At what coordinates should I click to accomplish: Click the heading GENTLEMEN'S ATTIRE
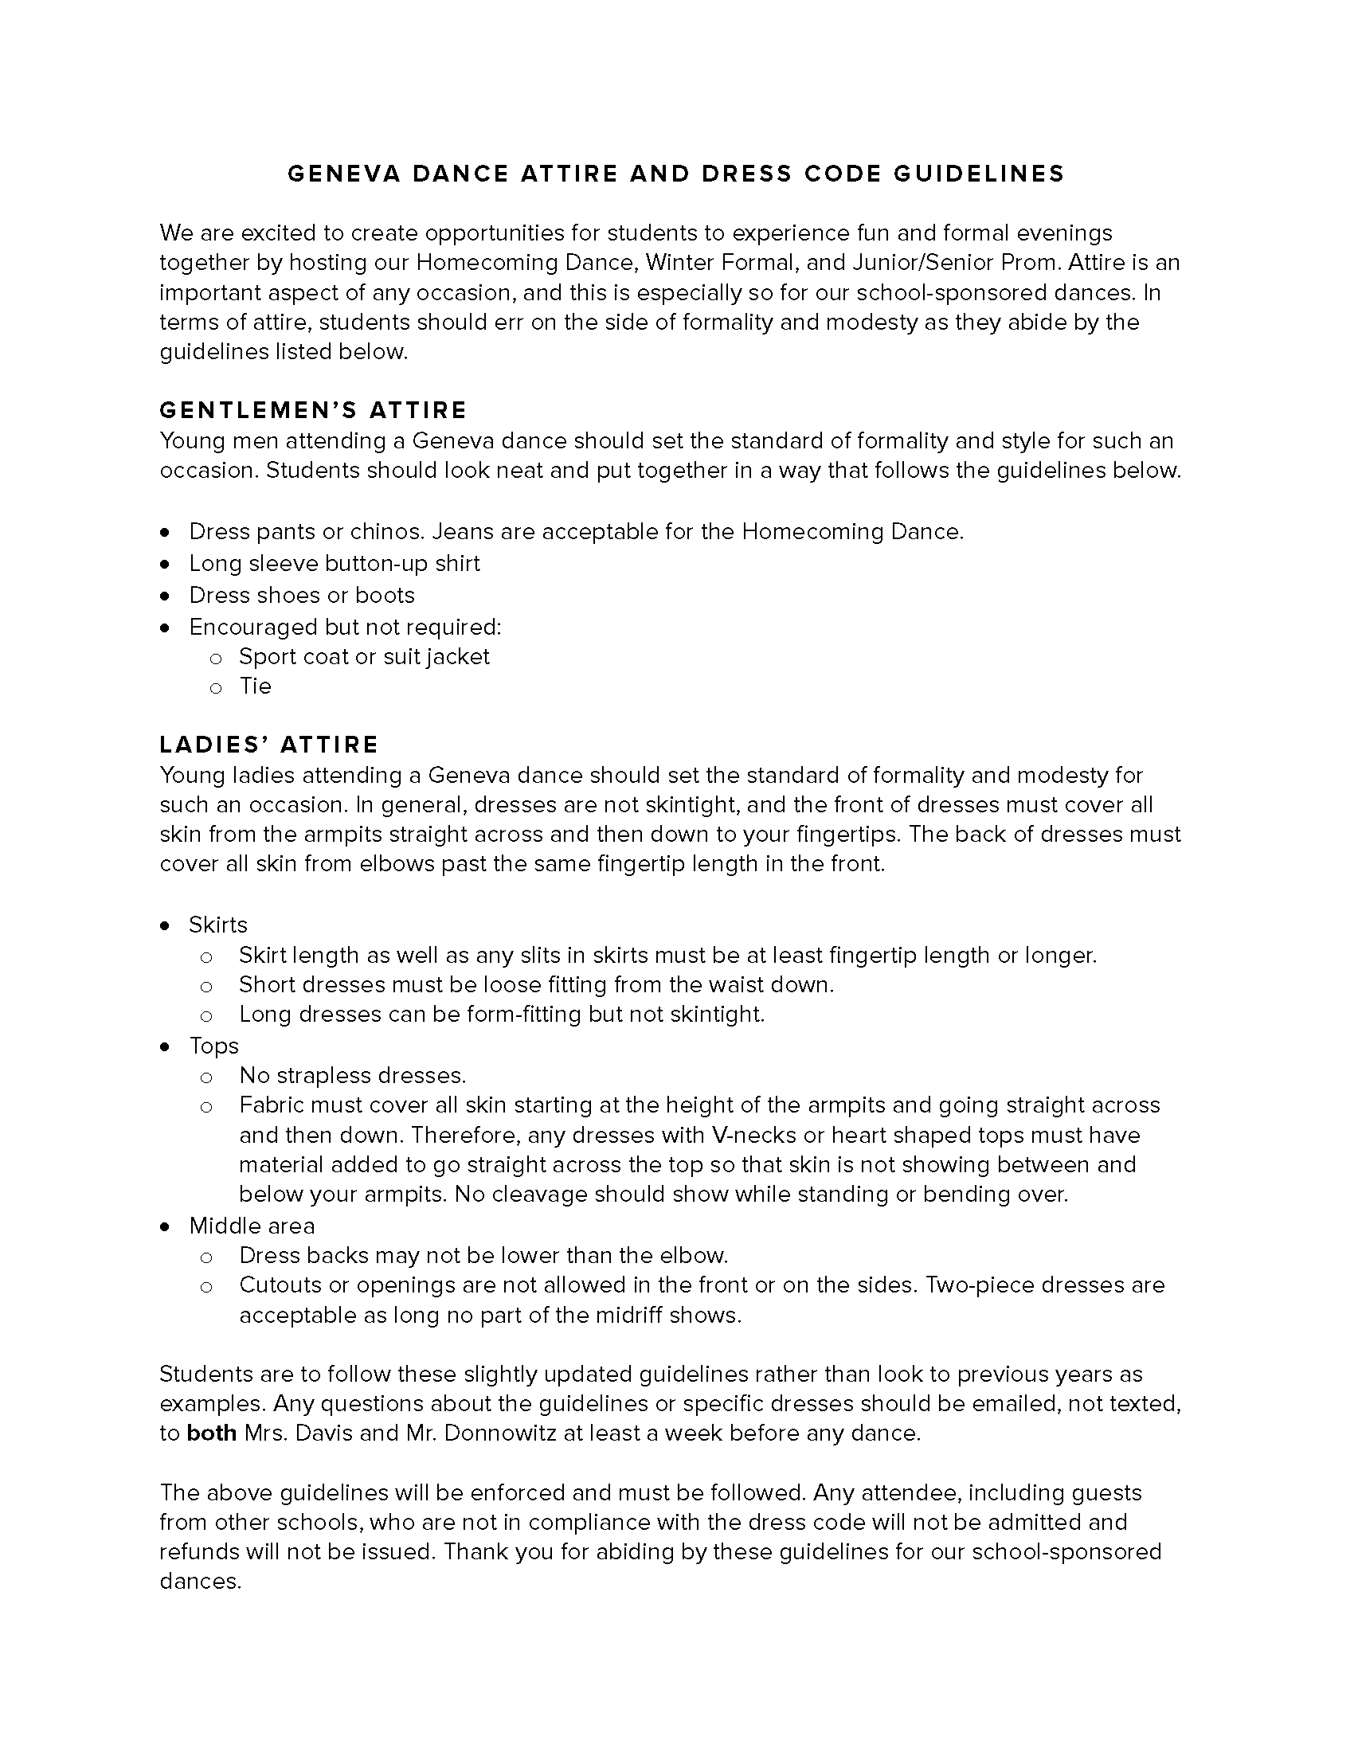(313, 410)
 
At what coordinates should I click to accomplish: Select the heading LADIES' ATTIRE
(268, 745)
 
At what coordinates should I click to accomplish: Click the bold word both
(211, 1433)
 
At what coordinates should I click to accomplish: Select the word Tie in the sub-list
(255, 686)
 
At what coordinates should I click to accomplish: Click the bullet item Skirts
(218, 925)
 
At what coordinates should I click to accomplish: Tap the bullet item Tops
(214, 1046)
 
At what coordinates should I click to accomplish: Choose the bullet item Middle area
(252, 1226)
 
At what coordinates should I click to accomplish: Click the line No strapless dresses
(352, 1076)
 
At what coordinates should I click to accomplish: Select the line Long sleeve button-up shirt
(335, 564)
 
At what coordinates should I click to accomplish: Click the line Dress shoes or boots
(302, 595)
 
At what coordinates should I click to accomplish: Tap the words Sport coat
(294, 657)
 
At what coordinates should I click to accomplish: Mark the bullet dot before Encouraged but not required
(165, 628)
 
